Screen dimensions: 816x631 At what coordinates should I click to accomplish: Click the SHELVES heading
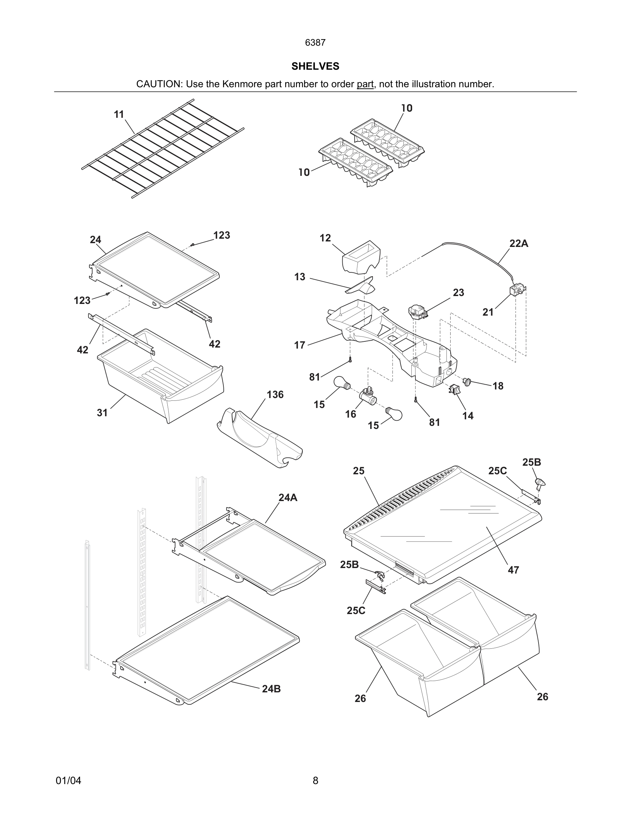pyautogui.click(x=315, y=66)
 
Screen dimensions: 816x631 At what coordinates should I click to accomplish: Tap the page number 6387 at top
pyautogui.click(x=315, y=43)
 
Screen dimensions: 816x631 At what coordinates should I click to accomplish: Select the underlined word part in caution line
pyautogui.click(x=365, y=84)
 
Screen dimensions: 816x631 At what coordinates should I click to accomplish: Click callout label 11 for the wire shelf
pyautogui.click(x=119, y=114)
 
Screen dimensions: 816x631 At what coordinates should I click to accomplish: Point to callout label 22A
pyautogui.click(x=519, y=243)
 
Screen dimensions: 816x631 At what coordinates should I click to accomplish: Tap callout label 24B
pyautogui.click(x=271, y=689)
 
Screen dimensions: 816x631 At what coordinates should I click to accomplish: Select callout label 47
pyautogui.click(x=513, y=570)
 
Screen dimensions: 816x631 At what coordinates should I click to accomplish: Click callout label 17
pyautogui.click(x=299, y=345)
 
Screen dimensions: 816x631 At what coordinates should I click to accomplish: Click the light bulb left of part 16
pyautogui.click(x=342, y=383)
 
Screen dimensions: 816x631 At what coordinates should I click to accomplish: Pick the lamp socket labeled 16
pyautogui.click(x=367, y=396)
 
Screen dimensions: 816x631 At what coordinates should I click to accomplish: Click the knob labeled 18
pyautogui.click(x=466, y=382)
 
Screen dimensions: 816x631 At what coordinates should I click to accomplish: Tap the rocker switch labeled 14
pyautogui.click(x=455, y=390)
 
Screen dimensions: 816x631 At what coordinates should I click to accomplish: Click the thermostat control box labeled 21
pyautogui.click(x=517, y=290)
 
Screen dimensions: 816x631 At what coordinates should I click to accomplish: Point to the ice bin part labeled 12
pyautogui.click(x=361, y=258)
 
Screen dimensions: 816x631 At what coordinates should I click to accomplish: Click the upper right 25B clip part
pyautogui.click(x=540, y=483)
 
